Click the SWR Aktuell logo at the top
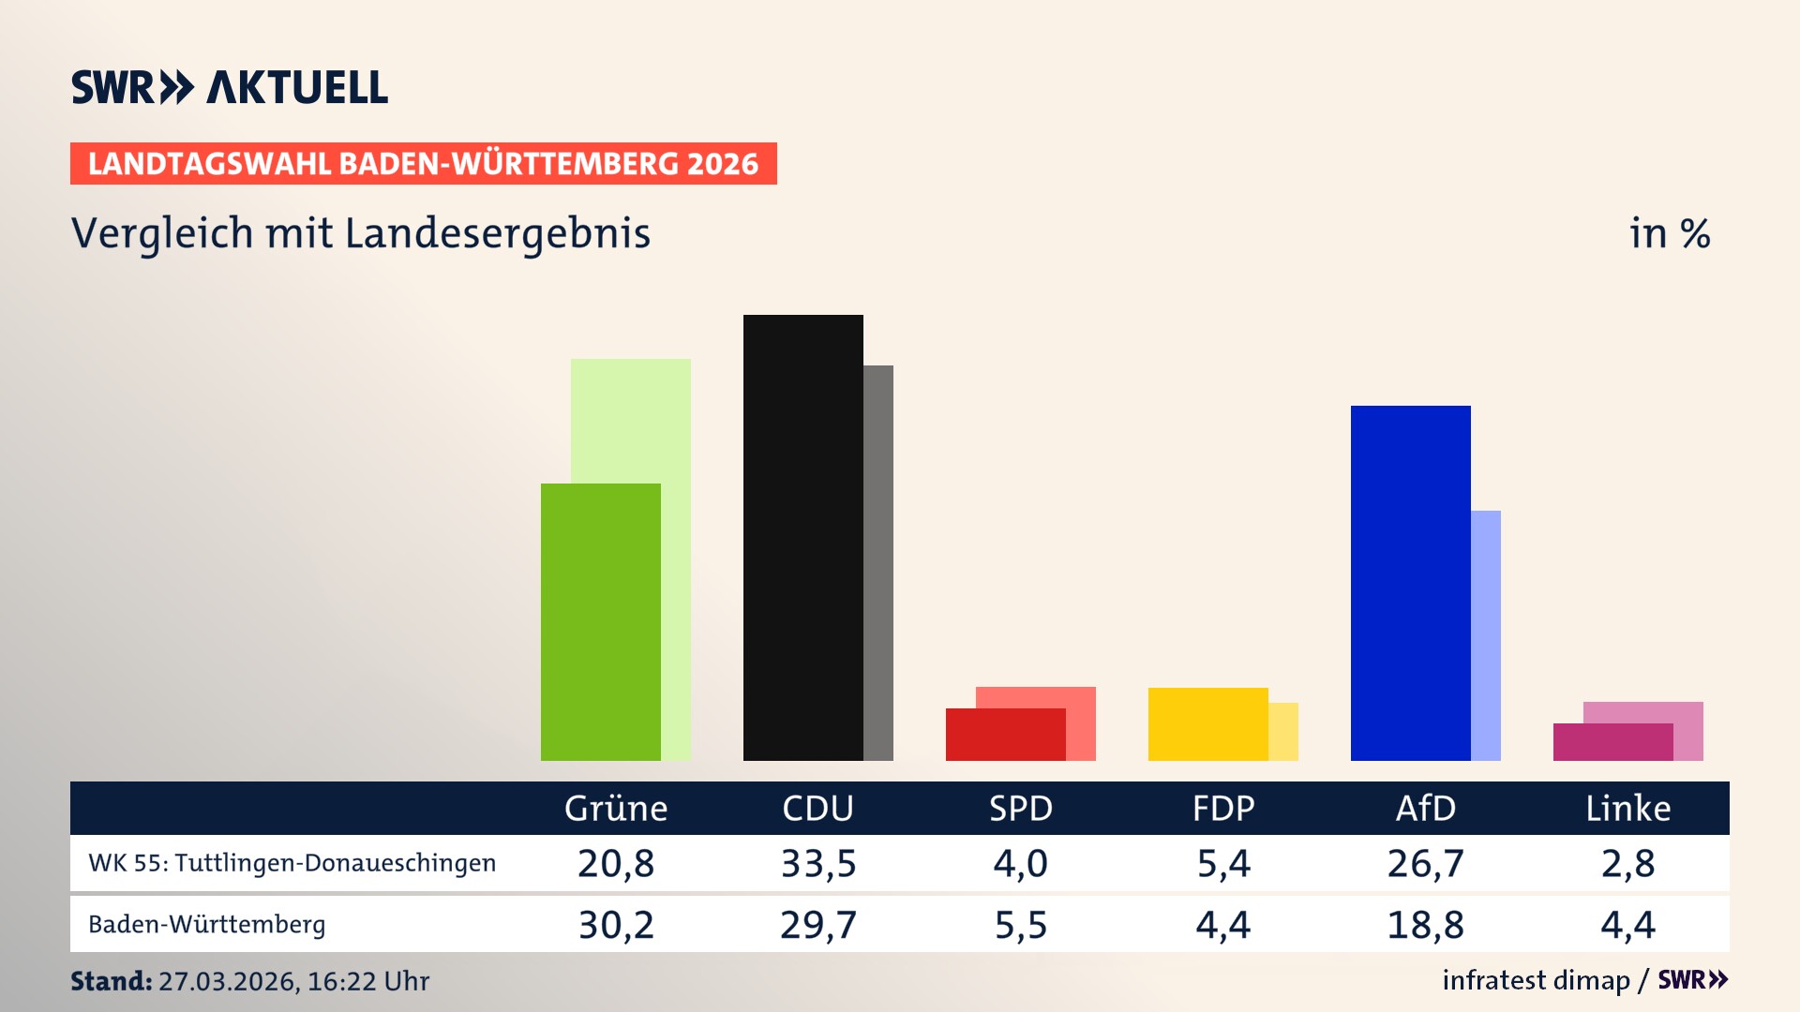click(x=229, y=87)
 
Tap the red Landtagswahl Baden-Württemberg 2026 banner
click(x=423, y=164)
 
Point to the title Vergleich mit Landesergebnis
click(x=360, y=233)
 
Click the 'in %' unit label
click(x=1669, y=233)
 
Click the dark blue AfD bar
click(x=1410, y=582)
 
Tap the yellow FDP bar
click(x=1207, y=723)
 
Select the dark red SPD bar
click(x=1005, y=734)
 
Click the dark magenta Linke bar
click(x=1612, y=741)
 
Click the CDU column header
click(x=817, y=808)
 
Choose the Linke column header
click(x=1627, y=808)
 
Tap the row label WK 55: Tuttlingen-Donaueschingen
click(x=292, y=863)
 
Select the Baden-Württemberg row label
click(x=206, y=925)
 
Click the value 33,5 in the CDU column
click(x=817, y=863)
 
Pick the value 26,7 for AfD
click(x=1425, y=863)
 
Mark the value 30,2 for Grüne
click(x=615, y=925)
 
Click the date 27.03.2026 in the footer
click(x=229, y=981)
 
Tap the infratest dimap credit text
click(x=1536, y=980)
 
